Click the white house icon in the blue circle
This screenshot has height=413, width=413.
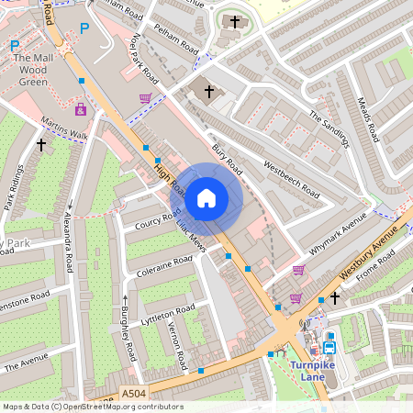(206, 198)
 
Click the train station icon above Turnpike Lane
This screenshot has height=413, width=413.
(329, 347)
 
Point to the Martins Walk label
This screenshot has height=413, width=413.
(64, 128)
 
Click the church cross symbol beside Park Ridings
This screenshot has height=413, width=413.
(40, 144)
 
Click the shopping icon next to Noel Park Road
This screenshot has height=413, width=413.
(145, 98)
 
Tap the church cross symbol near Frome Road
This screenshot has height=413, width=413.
(335, 297)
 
